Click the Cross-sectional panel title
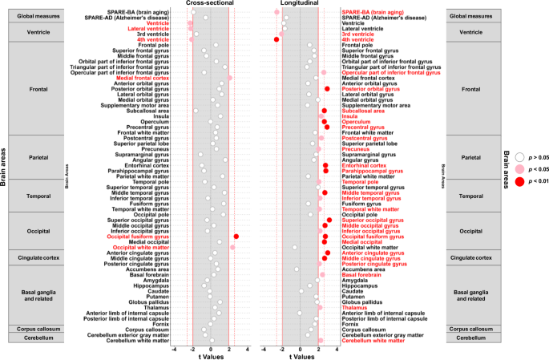coord(211,4)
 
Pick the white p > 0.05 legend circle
coord(521,160)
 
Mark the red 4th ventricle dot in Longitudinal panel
coord(277,38)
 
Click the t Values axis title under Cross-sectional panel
coord(211,354)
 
